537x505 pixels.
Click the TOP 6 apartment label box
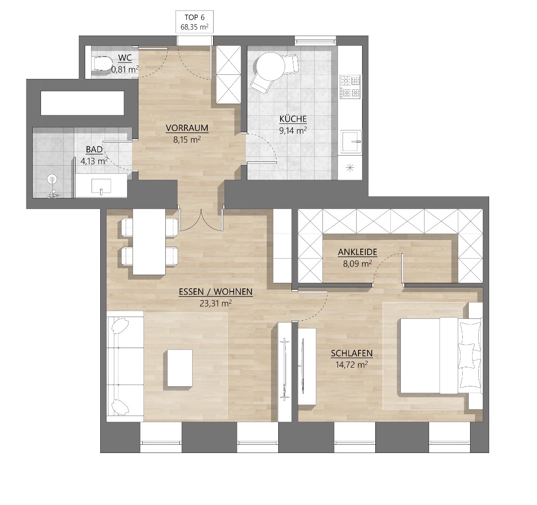(x=194, y=22)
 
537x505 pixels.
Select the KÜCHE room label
(x=293, y=119)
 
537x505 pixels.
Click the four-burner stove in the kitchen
(x=350, y=87)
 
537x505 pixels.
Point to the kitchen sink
(x=351, y=141)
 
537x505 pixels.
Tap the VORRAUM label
(x=187, y=128)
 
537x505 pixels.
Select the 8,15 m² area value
(x=187, y=139)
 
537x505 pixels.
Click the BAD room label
(x=94, y=150)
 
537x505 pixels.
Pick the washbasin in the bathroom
(x=102, y=186)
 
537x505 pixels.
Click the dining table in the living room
(x=149, y=242)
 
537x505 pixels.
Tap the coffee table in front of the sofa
(x=180, y=368)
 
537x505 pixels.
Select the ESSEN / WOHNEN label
(x=216, y=292)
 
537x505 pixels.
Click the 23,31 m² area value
(x=216, y=303)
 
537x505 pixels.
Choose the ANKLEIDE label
(x=358, y=252)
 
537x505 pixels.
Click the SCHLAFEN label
(x=352, y=354)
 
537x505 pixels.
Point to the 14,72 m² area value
(x=352, y=364)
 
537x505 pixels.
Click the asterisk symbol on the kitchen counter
(x=350, y=168)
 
